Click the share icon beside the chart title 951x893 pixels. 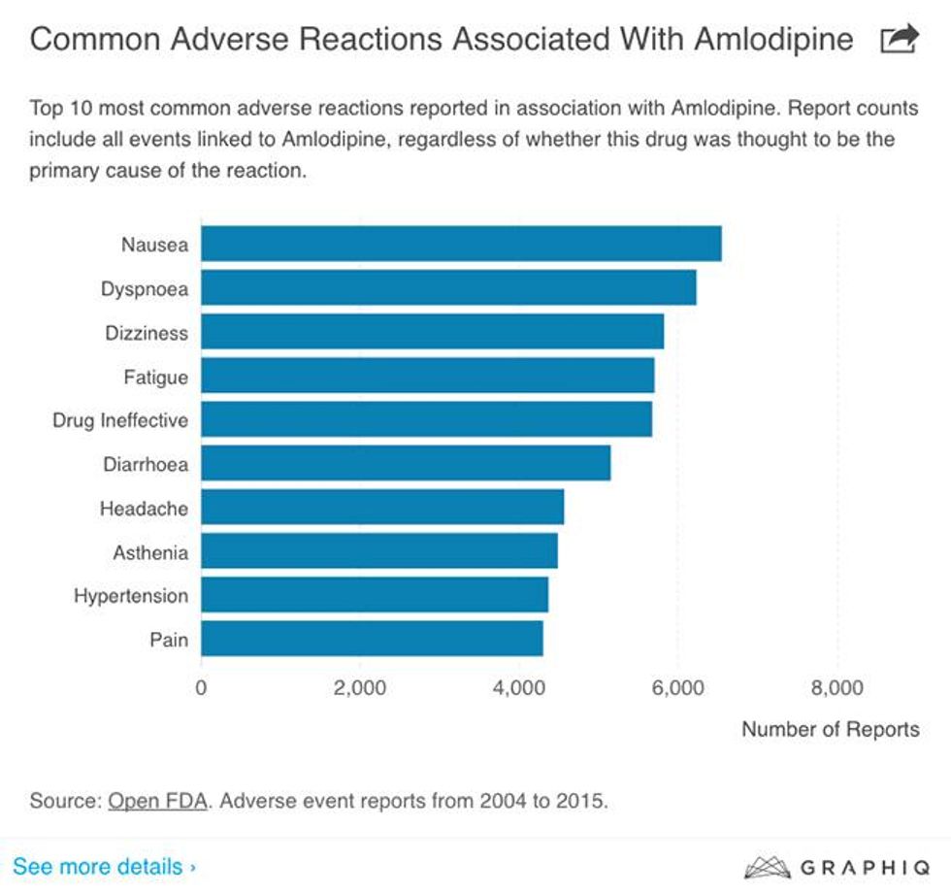coord(898,40)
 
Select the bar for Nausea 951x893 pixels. coord(461,244)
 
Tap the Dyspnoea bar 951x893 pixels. coord(448,287)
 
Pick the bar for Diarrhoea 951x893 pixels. coord(406,463)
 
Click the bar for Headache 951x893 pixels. coord(382,507)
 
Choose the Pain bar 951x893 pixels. coord(372,639)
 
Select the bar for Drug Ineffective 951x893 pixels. coord(426,419)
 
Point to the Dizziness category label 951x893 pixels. coord(147,333)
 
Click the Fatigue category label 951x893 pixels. coord(155,377)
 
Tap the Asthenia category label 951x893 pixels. coord(150,552)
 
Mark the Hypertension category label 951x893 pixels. coord(131,596)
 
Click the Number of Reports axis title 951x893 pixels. coord(830,729)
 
